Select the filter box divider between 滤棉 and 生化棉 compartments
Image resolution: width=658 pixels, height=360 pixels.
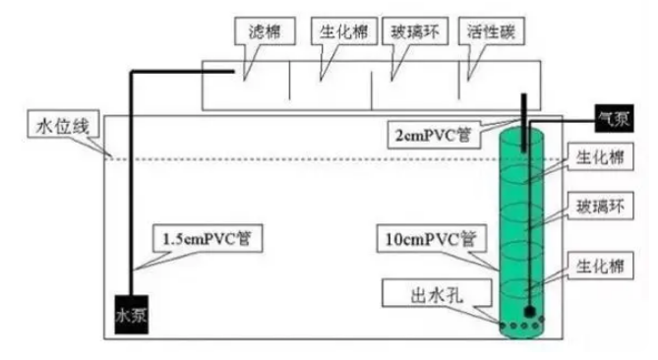coord(288,87)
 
